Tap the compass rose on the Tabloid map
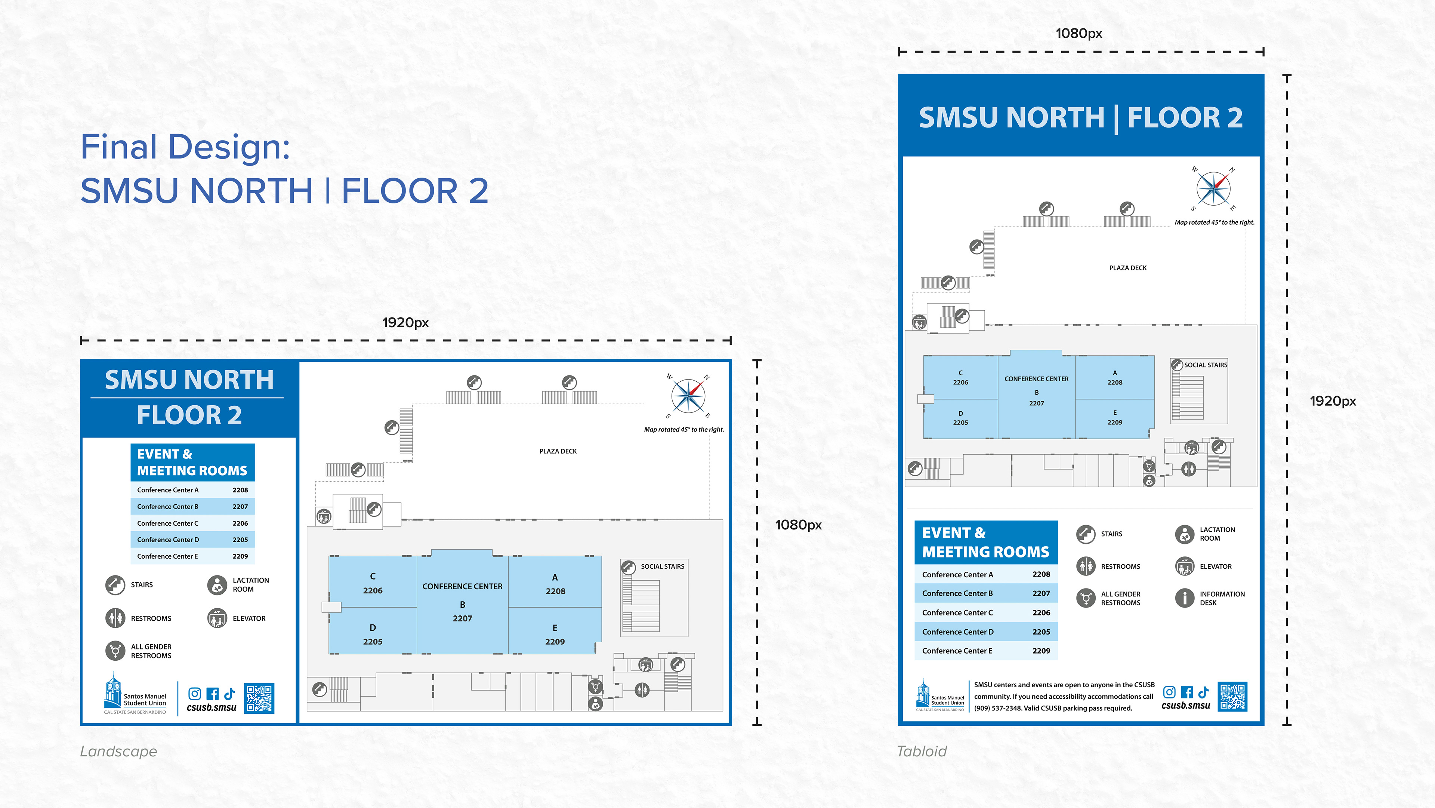[1213, 189]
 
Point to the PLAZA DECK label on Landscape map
[558, 451]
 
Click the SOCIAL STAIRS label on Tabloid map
[1206, 365]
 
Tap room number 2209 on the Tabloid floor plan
[1115, 423]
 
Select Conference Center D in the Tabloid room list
[957, 632]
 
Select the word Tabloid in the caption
[922, 751]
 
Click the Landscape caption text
[119, 751]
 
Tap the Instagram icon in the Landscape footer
[194, 694]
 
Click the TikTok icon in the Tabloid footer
[1203, 692]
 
